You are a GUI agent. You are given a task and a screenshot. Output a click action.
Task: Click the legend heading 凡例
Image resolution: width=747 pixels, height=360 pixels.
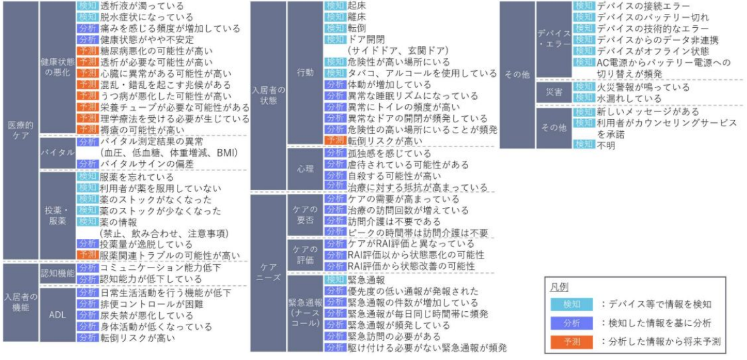[x=559, y=287]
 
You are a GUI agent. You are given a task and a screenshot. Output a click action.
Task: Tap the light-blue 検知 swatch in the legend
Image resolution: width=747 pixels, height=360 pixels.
[x=569, y=304]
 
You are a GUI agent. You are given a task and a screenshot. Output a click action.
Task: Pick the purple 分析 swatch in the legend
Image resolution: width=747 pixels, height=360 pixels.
[x=569, y=323]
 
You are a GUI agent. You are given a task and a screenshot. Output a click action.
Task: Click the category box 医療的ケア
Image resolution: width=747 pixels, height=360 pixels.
[x=20, y=131]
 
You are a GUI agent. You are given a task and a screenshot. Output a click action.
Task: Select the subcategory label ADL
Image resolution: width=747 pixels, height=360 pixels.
[x=57, y=314]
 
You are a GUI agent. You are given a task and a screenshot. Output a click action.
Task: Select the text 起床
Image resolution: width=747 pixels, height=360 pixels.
[x=356, y=5]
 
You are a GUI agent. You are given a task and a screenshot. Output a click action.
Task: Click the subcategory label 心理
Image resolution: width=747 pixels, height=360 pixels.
[x=305, y=170]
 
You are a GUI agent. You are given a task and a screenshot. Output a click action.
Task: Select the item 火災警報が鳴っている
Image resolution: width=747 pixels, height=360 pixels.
[x=642, y=87]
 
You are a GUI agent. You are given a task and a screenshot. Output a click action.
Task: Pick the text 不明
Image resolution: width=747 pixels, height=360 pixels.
[x=606, y=145]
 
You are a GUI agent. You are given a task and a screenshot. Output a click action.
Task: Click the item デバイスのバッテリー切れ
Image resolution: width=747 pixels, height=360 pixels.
[x=652, y=16]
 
